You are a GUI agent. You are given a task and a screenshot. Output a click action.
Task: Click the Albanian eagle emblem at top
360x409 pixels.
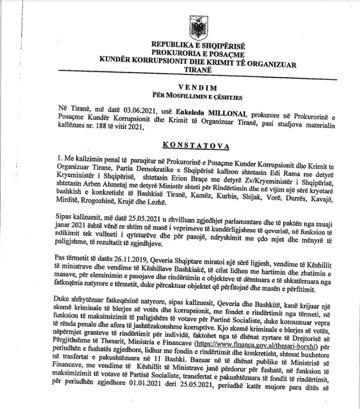click(180, 19)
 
